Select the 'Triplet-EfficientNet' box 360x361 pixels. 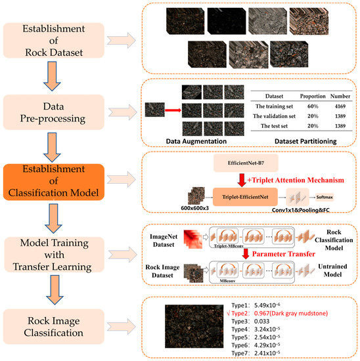(244, 195)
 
